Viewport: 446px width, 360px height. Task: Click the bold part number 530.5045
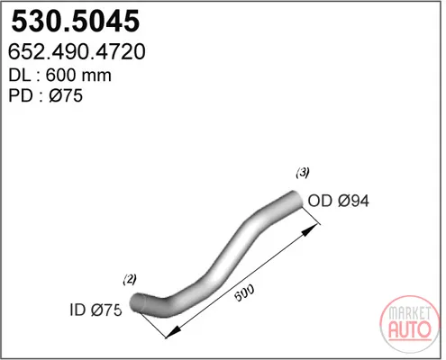tap(76, 21)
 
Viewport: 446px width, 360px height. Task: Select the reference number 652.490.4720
tap(77, 52)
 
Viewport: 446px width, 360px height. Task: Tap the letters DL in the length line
tap(20, 76)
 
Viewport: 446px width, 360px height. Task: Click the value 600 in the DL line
tap(60, 76)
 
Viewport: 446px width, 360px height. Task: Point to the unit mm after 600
tap(95, 76)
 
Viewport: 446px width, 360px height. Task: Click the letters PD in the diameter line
tap(21, 96)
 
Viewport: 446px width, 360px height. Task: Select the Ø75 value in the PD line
tap(66, 96)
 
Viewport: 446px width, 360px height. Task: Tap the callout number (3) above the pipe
tap(303, 173)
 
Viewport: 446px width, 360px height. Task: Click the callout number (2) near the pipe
tap(130, 280)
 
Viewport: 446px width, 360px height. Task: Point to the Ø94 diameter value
tap(353, 201)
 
